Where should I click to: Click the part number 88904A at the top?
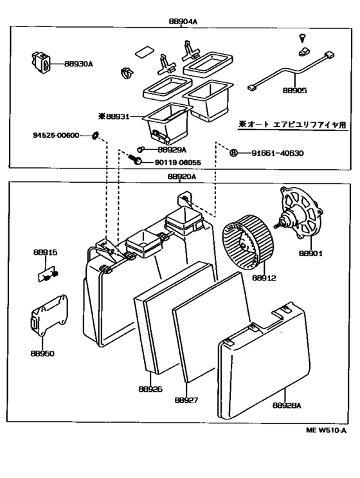coord(183,21)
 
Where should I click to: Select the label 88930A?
coord(79,64)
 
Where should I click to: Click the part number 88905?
coord(294,91)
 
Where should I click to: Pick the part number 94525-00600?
coord(56,135)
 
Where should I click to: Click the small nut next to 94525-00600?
coord(94,135)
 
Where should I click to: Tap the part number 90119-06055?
coord(177,163)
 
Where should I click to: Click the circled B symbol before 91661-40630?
coord(234,153)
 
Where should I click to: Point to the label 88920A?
coord(181,176)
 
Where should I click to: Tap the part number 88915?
coord(45,253)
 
